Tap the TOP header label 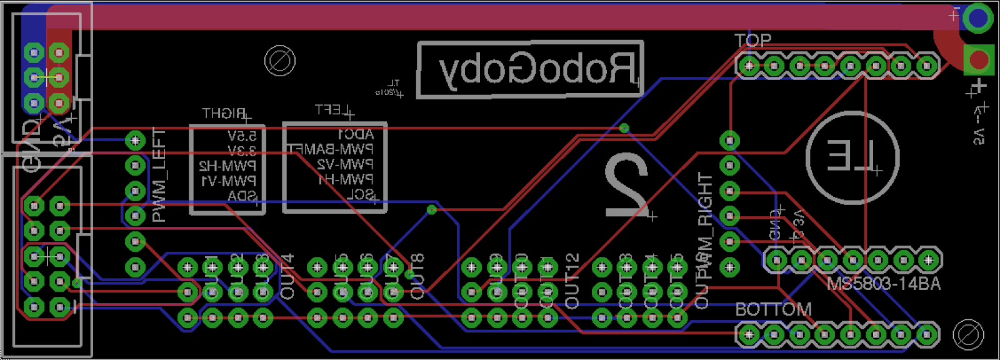752,41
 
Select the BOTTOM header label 773,310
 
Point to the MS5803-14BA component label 883,284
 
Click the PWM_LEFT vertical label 159,176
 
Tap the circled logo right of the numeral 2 852,157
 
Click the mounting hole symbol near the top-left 279,61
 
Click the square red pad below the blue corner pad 978,61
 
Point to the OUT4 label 287,276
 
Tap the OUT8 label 417,276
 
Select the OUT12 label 571,281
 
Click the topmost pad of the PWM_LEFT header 136,140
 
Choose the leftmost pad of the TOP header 748,65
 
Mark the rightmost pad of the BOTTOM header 927,335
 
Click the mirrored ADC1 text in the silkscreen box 355,134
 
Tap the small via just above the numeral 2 624,128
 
